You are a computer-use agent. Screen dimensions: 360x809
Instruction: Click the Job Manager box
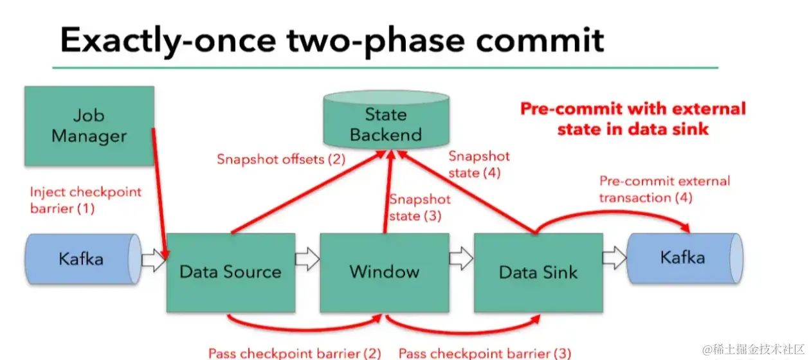coord(89,126)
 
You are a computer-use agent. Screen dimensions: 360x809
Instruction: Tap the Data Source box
coord(230,272)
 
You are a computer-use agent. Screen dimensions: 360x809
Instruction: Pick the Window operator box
coord(384,272)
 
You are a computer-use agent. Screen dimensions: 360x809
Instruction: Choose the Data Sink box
coord(538,272)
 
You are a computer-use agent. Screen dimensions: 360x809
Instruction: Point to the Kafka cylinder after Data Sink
coord(682,258)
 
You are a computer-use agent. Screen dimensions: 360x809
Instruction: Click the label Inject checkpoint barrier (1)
coord(86,200)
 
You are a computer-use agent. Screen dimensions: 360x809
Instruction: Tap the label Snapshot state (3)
coord(419,208)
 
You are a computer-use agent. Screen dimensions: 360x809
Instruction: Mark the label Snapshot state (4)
coord(478,164)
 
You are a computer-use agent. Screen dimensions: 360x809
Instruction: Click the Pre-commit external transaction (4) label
coord(664,189)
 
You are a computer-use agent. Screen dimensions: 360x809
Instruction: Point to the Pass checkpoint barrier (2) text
coord(295,353)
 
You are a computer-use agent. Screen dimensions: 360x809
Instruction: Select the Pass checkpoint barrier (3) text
coord(484,353)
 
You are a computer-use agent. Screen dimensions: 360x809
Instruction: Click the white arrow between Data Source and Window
coord(307,260)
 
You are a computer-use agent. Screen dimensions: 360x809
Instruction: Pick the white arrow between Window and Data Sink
coord(461,260)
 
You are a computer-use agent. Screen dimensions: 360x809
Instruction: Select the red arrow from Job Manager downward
coord(161,193)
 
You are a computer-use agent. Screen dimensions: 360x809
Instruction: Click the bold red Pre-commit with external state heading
coord(633,118)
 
